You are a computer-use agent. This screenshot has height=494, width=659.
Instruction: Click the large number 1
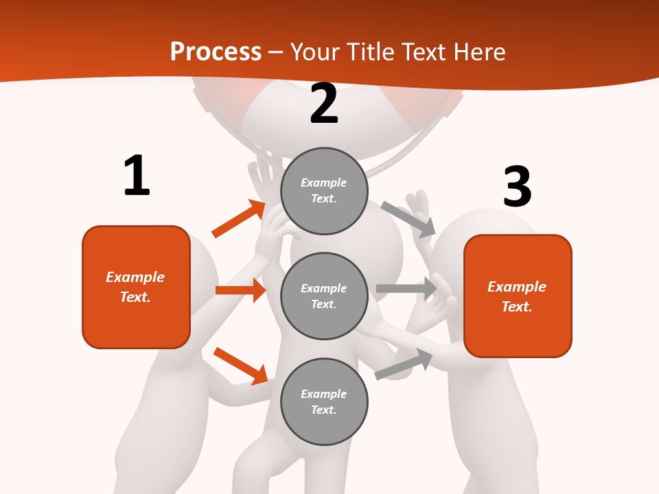point(137,176)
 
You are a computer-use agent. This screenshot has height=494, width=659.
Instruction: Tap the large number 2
point(324,104)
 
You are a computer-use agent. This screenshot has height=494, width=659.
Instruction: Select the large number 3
point(517,187)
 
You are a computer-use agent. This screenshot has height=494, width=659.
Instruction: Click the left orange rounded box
point(136,287)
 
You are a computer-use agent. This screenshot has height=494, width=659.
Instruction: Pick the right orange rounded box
point(518,296)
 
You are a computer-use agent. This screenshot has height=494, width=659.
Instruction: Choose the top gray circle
point(324,191)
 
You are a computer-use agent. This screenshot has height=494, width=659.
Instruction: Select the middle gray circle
point(324,296)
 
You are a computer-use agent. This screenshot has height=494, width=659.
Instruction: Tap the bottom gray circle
point(324,402)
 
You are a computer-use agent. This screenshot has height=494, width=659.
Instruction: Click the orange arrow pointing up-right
point(239,219)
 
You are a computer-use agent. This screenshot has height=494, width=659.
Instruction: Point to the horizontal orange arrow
point(240,290)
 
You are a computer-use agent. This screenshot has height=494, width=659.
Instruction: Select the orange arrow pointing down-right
point(240,366)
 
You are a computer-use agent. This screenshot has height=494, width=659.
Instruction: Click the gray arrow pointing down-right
point(408,219)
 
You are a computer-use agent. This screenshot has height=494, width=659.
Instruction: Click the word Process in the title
point(216,51)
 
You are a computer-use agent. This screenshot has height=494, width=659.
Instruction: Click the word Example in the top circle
point(324,183)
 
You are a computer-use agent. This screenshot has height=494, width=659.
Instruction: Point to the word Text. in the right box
point(517,307)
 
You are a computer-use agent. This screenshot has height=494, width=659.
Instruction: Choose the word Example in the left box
point(135,277)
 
